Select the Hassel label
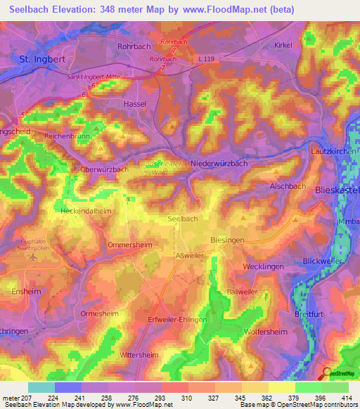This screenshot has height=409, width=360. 134,103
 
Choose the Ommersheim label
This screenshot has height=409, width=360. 130,245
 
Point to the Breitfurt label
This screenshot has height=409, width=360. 311,313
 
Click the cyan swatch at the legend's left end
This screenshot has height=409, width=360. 41,387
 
